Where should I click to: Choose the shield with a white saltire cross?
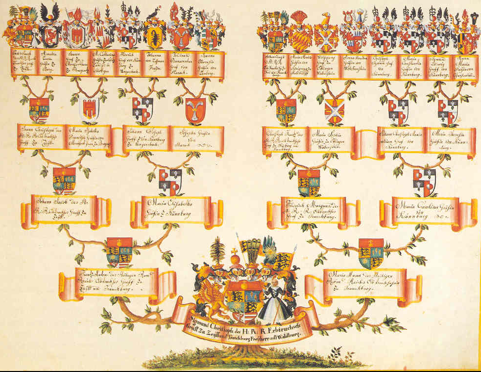335,110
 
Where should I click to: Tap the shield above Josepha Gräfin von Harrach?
195,109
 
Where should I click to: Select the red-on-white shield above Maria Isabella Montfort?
89,108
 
